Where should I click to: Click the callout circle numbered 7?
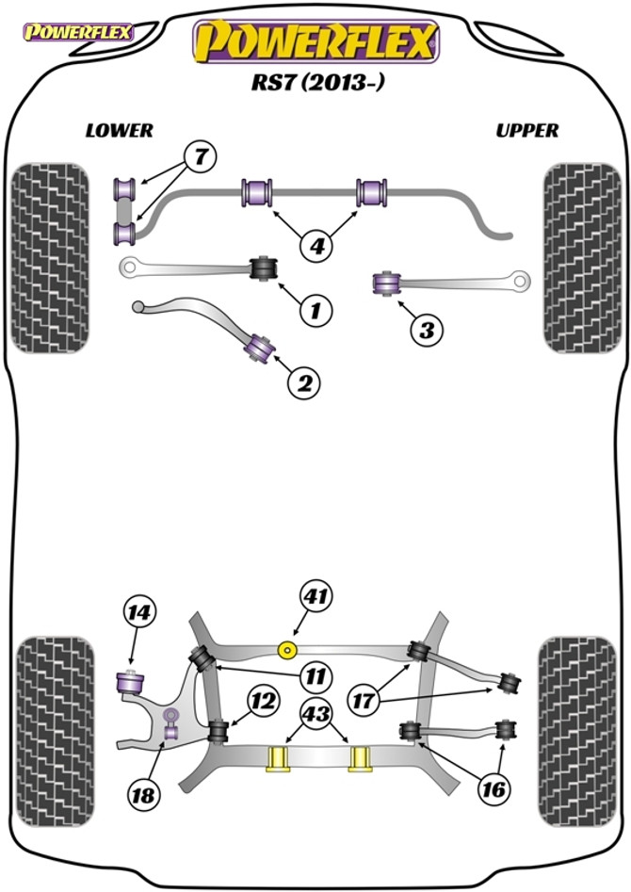pyautogui.click(x=201, y=156)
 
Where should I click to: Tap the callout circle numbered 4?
pyautogui.click(x=317, y=246)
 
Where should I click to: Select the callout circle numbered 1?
pyautogui.click(x=315, y=311)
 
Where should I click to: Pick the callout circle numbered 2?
pyautogui.click(x=304, y=384)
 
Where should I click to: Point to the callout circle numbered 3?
pyautogui.click(x=427, y=330)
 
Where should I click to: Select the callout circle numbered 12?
pyautogui.click(x=264, y=701)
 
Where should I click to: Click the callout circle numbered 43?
pyautogui.click(x=317, y=713)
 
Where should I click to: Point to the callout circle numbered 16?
pyautogui.click(x=493, y=789)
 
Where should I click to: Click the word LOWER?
pyautogui.click(x=120, y=131)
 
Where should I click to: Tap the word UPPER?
pyautogui.click(x=526, y=131)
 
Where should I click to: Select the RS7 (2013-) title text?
pyautogui.click(x=318, y=83)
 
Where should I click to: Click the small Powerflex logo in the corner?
pyautogui.click(x=78, y=32)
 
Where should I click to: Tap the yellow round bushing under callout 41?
pyautogui.click(x=287, y=649)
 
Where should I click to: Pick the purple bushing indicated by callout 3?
pyautogui.click(x=386, y=284)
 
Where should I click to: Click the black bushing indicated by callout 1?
pyautogui.click(x=265, y=268)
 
